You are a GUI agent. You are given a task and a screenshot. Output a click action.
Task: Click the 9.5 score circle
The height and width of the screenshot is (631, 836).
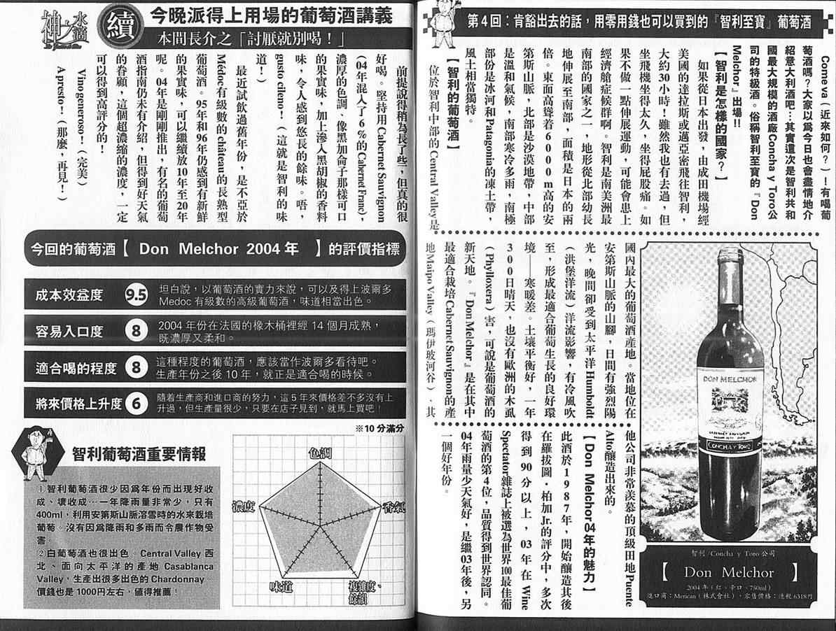coord(136,295)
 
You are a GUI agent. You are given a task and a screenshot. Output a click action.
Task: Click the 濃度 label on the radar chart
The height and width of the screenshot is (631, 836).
coord(242,505)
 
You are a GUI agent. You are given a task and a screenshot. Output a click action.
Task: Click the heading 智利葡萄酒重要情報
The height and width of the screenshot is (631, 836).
coord(139,455)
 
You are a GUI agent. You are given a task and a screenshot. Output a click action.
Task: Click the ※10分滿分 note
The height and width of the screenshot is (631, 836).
coord(379,428)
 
